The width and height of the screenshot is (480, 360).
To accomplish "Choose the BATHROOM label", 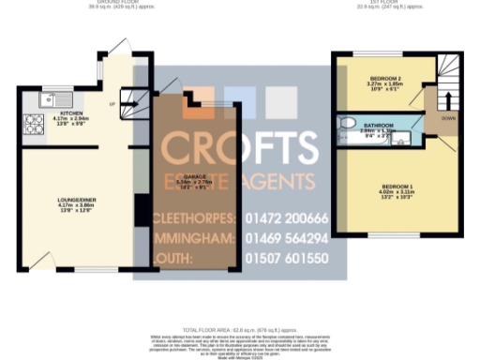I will coord(380,126).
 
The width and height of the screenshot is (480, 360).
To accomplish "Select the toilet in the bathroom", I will coord(347,123).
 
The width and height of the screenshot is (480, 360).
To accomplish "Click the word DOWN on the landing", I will coord(448,119).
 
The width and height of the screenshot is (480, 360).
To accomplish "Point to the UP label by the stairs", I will coord(113,103).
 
